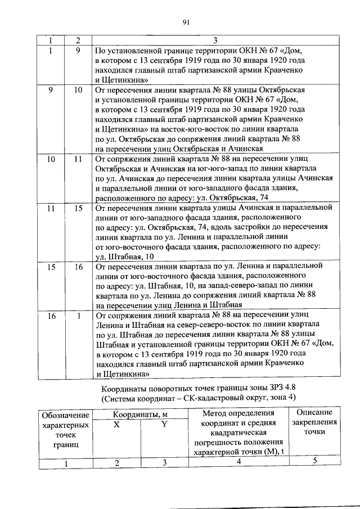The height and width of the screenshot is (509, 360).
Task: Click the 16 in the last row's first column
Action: [x=51, y=317]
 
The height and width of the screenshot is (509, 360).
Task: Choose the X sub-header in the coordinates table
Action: [x=116, y=425]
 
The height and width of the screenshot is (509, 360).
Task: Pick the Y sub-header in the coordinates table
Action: [x=164, y=425]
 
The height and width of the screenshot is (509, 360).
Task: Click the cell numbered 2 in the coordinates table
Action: [x=116, y=463]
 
